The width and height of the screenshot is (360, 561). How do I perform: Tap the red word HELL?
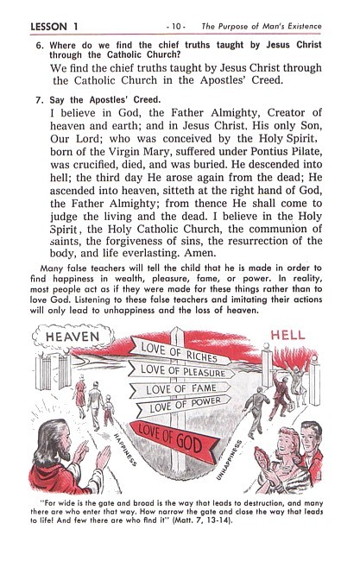(x=287, y=336)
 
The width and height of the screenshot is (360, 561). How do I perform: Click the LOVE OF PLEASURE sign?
(x=183, y=370)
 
